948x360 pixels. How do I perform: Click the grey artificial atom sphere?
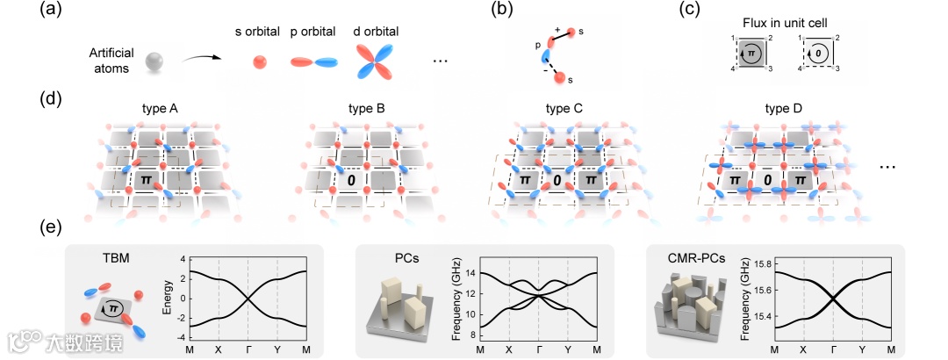coord(154,63)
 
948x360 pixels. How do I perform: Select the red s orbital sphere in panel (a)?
coord(259,63)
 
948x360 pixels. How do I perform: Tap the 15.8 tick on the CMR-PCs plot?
coord(761,263)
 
